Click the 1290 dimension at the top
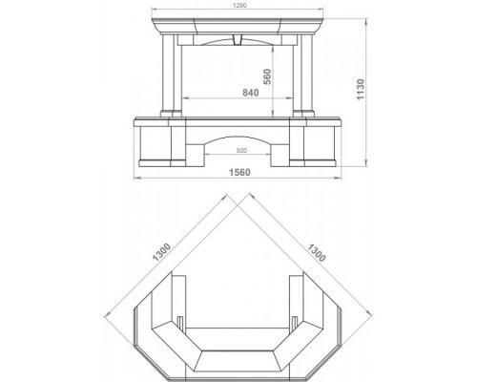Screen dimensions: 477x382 tap(239, 5)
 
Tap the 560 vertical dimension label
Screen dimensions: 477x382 tap(267, 76)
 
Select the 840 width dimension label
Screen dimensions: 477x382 tap(251, 93)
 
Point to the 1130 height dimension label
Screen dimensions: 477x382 tap(361, 90)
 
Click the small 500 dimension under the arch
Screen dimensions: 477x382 tap(241, 151)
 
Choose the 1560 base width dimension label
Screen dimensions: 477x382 tap(239, 172)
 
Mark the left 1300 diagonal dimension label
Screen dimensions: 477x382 tap(162, 252)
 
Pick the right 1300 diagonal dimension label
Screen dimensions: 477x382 tap(317, 253)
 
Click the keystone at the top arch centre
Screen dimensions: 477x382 tap(238, 39)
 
